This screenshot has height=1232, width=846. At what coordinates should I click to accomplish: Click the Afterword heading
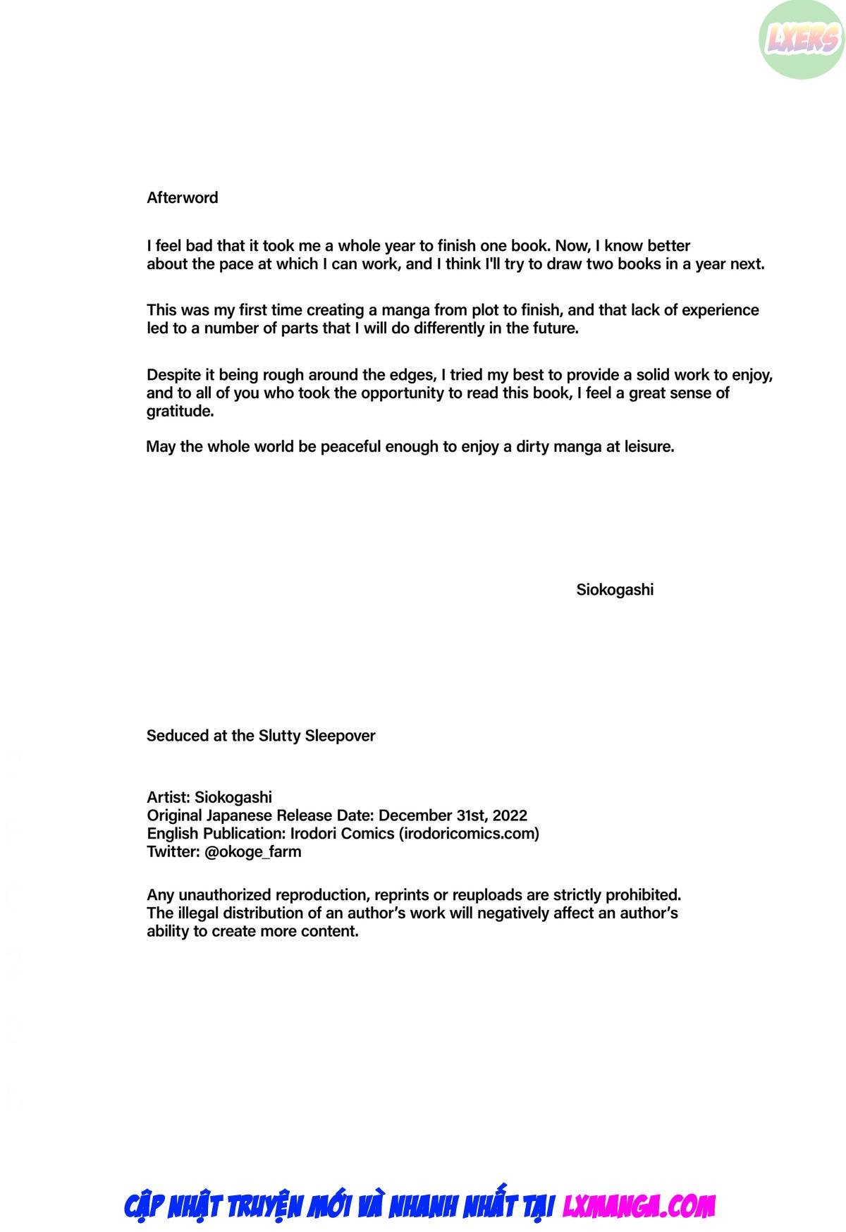point(182,198)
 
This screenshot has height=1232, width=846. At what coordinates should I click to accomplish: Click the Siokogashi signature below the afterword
point(615,591)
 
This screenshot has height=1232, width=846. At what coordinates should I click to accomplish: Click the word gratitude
point(180,412)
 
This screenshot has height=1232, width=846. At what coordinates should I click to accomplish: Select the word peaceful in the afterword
point(351,447)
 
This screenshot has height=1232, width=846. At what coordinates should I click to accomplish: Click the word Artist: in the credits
point(168,797)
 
